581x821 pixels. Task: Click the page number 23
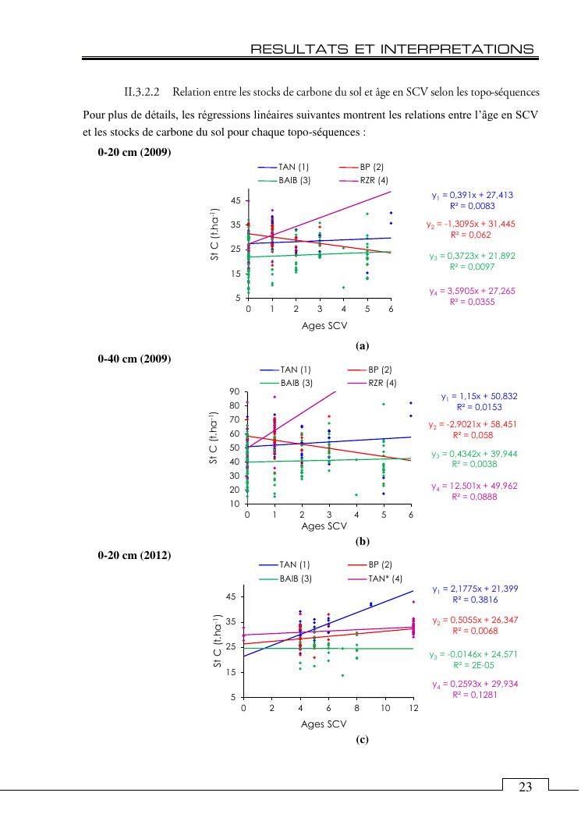pyautogui.click(x=525, y=787)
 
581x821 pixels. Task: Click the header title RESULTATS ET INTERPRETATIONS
pyautogui.click(x=392, y=49)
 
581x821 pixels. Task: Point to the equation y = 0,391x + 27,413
pyautogui.click(x=472, y=195)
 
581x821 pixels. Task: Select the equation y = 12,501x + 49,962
pyautogui.click(x=473, y=486)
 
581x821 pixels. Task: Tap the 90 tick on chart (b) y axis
pyautogui.click(x=233, y=391)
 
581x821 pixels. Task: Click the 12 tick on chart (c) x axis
pyautogui.click(x=413, y=708)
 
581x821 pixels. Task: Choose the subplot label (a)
pyautogui.click(x=361, y=345)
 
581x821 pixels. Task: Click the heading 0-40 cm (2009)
pyautogui.click(x=134, y=359)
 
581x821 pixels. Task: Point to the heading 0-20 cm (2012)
pyautogui.click(x=134, y=555)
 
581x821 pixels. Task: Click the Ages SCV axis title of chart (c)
pyautogui.click(x=324, y=724)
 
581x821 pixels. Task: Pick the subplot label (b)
pyautogui.click(x=362, y=540)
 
